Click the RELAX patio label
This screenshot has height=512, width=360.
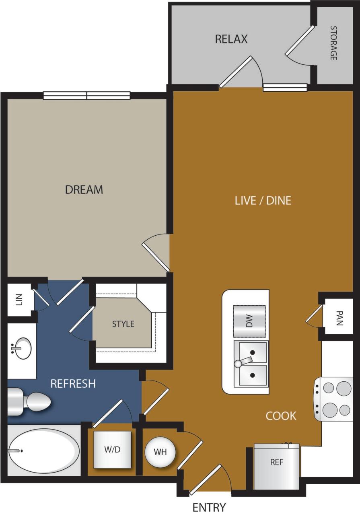(231, 39)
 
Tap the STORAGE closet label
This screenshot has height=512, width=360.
(333, 43)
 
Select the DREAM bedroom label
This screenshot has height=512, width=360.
(84, 189)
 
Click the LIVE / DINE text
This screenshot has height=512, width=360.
(263, 200)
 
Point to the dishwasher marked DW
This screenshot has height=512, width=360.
(249, 321)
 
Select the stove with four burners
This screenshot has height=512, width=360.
(333, 399)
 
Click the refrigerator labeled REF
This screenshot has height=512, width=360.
(277, 467)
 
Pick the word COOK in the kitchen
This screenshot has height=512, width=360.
(281, 416)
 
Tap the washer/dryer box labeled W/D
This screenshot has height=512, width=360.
(113, 450)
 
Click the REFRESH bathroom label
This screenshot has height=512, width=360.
(73, 384)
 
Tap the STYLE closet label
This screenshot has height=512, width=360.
(123, 324)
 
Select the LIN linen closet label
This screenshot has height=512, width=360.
(19, 300)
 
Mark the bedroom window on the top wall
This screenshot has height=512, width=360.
(86, 95)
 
